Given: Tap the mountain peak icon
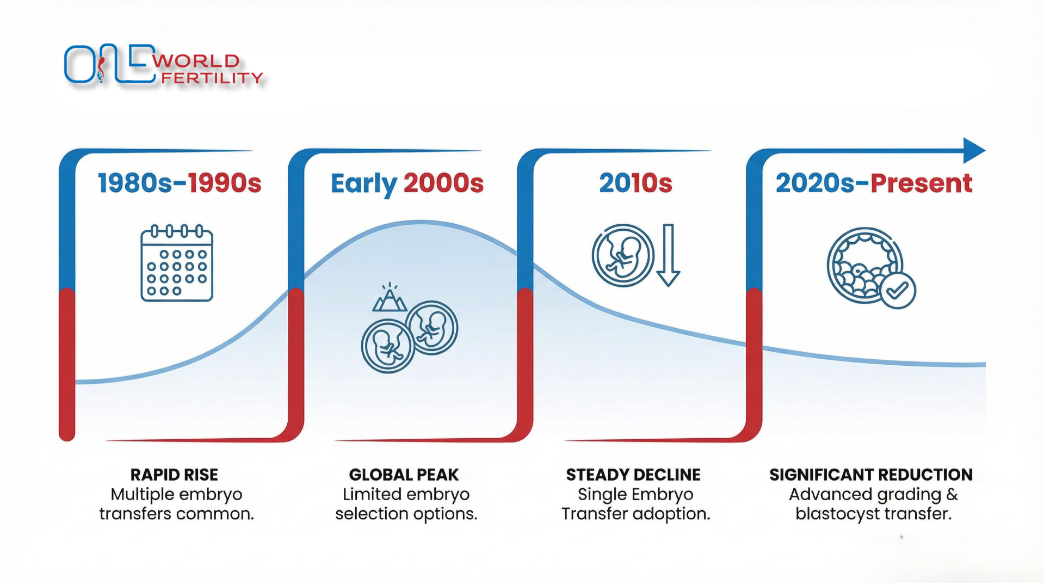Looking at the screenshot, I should coord(390,298).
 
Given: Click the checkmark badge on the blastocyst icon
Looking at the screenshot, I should coord(898,291).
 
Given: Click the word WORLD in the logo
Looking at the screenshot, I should coord(196,60).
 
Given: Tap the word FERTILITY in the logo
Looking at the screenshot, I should coord(212,78).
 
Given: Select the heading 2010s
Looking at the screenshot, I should coord(635,183).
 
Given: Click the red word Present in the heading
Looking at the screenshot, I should coord(921,183).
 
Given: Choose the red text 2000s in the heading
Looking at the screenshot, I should coord(443,183).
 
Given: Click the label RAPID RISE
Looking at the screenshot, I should coord(174,475).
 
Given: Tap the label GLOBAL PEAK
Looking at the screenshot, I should coord(404,475).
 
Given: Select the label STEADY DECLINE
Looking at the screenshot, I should coord(633,475).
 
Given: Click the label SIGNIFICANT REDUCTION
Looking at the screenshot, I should coord(870,475).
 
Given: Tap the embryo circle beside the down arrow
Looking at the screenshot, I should coord(623,255).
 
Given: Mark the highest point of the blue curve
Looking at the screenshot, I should coord(420,222).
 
